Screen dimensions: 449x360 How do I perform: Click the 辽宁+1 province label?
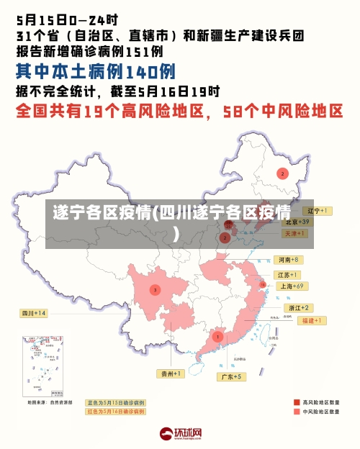coord(317,211)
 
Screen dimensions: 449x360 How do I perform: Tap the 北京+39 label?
coord(295,222)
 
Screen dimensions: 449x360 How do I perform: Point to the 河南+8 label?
coord(288,259)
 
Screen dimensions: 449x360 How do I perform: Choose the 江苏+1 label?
coord(288,274)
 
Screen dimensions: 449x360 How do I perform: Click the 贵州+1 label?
coord(171,373)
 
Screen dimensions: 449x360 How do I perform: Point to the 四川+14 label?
coord(33,313)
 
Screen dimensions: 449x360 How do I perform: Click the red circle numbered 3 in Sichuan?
coord(154,290)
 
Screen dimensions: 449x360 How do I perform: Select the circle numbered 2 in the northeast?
coord(283,173)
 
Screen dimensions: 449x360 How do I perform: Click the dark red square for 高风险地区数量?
coord(297,402)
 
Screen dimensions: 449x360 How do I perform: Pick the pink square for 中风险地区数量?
coord(297,412)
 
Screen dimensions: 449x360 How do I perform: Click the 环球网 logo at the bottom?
coord(180,434)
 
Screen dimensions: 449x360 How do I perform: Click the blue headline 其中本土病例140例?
coord(96,71)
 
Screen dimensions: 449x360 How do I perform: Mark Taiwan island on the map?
coord(271,332)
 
